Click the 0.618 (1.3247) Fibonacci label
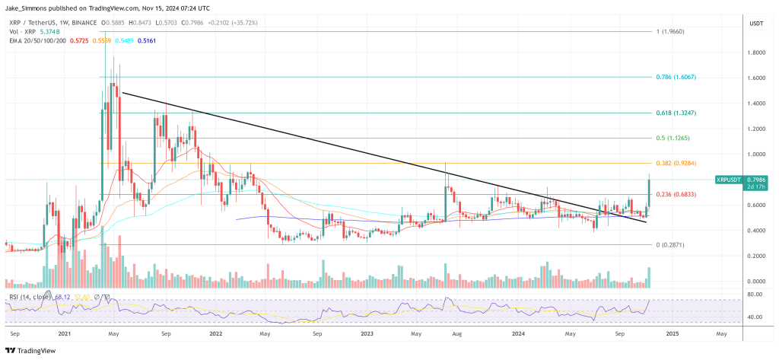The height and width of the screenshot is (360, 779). tap(676, 113)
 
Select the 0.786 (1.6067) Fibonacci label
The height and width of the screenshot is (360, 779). tap(676, 78)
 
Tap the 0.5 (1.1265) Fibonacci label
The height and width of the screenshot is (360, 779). tap(672, 139)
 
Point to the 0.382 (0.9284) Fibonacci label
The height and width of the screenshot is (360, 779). tap(676, 164)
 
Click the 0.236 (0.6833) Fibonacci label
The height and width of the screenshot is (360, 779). tap(676, 195)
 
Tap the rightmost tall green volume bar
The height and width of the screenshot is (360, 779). tap(649, 277)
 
